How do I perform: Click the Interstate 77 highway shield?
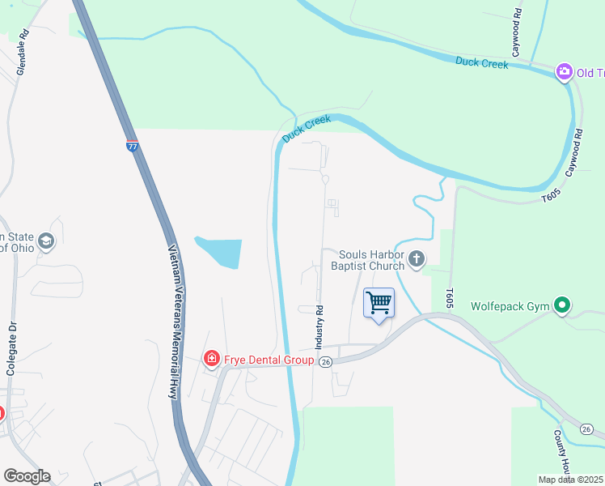pyautogui.click(x=133, y=147)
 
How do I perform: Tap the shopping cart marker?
pyautogui.click(x=379, y=304)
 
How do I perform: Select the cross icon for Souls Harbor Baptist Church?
pyautogui.click(x=417, y=259)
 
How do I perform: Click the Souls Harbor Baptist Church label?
pyautogui.click(x=371, y=260)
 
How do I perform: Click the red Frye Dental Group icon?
pyautogui.click(x=211, y=358)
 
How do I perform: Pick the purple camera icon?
pyautogui.click(x=564, y=73)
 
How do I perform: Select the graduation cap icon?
pyautogui.click(x=47, y=241)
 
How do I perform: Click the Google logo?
pyautogui.click(x=27, y=476)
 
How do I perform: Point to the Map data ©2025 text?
pyautogui.click(x=571, y=480)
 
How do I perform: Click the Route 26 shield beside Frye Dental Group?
pyautogui.click(x=326, y=361)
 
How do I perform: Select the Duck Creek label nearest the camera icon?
pyautogui.click(x=481, y=62)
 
